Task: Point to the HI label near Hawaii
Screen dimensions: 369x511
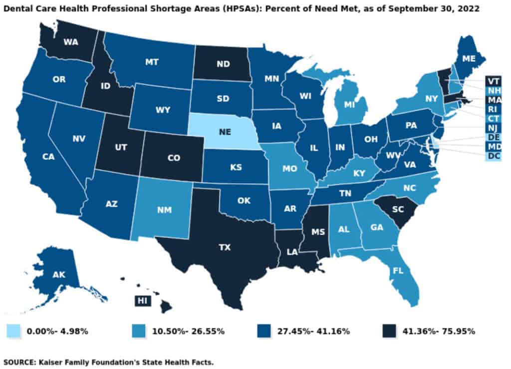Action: (x=139, y=300)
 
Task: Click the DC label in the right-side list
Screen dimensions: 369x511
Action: (x=494, y=156)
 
